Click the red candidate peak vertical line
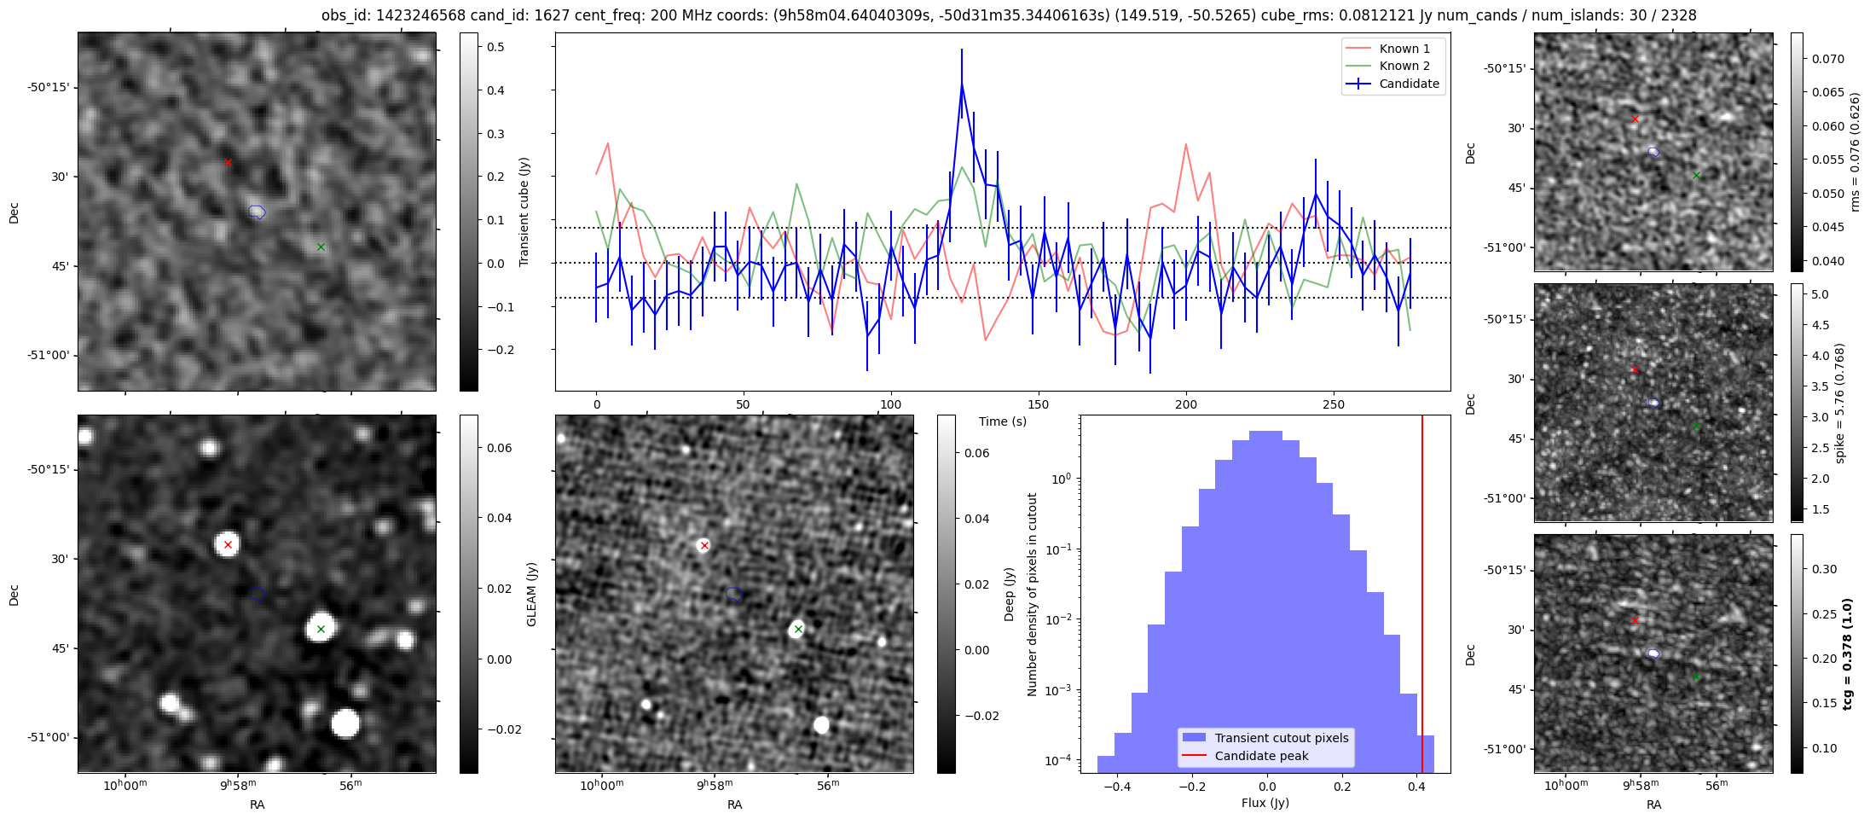coord(1422,580)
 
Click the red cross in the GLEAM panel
coord(228,544)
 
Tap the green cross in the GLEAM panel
coord(321,630)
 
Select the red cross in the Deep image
coord(704,545)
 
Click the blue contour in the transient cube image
coord(257,212)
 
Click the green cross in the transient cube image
coord(321,247)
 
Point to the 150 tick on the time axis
coord(1038,404)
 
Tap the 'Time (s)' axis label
coord(1002,421)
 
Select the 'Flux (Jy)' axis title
coord(1265,803)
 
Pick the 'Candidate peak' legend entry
coord(1261,756)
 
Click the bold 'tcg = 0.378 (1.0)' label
coord(1847,654)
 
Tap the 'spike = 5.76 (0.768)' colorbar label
coord(1839,404)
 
